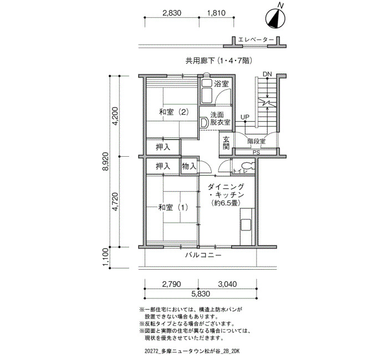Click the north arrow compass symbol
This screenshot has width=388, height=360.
pos(275,18)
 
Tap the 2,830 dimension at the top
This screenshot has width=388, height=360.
pos(172,13)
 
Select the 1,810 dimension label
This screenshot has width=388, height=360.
pos(216,13)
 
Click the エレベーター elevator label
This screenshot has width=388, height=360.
pos(256,40)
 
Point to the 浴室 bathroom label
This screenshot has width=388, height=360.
pos(221,84)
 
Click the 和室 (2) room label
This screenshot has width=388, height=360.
pos(174,112)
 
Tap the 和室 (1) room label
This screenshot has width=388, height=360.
pos(173,207)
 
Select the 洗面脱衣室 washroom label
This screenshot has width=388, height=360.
pos(220,119)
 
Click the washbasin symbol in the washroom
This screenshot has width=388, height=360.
pos(204,122)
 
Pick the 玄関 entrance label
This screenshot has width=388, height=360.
pos(226,143)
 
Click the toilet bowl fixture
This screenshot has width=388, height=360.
pos(248,166)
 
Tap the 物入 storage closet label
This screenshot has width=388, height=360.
pos(189,166)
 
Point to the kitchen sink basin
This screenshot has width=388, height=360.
pos(246,225)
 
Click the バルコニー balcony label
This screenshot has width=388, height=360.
pos(203,255)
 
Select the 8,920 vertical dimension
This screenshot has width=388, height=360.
pos(105,162)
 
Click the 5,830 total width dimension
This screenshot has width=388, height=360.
pos(201,294)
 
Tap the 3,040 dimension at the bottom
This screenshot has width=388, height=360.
pos(227,284)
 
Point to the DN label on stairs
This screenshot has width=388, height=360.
pos(267,74)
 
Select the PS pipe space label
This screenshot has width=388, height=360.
pos(257,153)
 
